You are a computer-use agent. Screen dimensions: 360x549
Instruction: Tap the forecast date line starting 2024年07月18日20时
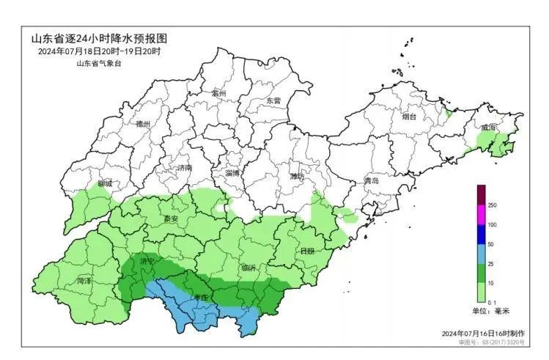99,51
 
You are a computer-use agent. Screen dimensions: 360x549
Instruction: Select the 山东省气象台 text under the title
98,64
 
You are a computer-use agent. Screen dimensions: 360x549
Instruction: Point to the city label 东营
273,100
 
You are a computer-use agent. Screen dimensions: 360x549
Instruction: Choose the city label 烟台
408,116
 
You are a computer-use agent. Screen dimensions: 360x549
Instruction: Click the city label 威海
488,128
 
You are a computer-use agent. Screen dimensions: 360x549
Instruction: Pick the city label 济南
184,168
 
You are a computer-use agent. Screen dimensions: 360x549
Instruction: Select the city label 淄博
233,172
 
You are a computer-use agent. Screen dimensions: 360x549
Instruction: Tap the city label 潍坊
297,176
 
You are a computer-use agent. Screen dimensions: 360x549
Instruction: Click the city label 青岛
372,180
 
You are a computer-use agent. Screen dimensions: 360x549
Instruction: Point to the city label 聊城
105,184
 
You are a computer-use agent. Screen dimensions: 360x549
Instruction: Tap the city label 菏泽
84,281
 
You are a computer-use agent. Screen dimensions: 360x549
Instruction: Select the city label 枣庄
201,297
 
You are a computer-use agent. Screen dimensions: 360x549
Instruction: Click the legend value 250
492,205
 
